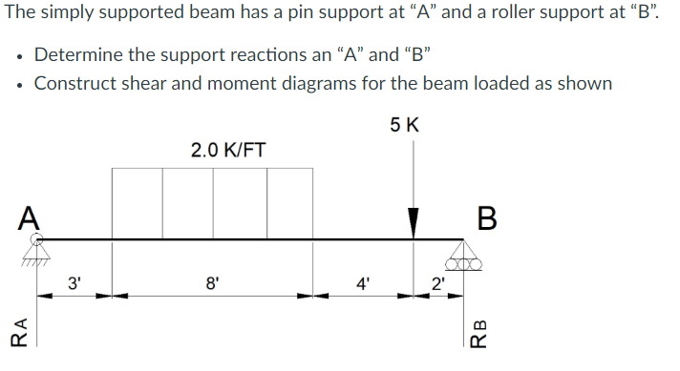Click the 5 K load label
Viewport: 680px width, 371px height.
click(405, 125)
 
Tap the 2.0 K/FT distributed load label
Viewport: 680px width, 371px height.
click(228, 150)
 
